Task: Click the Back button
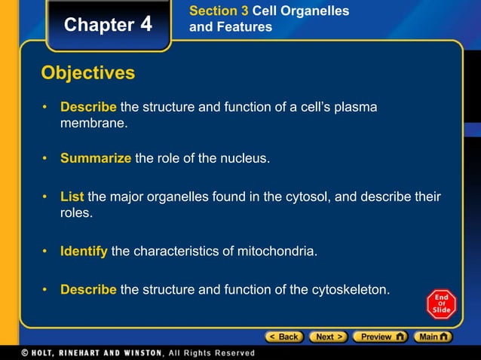283,337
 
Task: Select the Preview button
381,337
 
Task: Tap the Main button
434,337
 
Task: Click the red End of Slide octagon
440,304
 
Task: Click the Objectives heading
88,73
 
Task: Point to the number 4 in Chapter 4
146,25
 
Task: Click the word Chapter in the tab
99,25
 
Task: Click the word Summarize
96,159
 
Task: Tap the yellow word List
72,197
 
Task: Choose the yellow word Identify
84,251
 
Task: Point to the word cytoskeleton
351,289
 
